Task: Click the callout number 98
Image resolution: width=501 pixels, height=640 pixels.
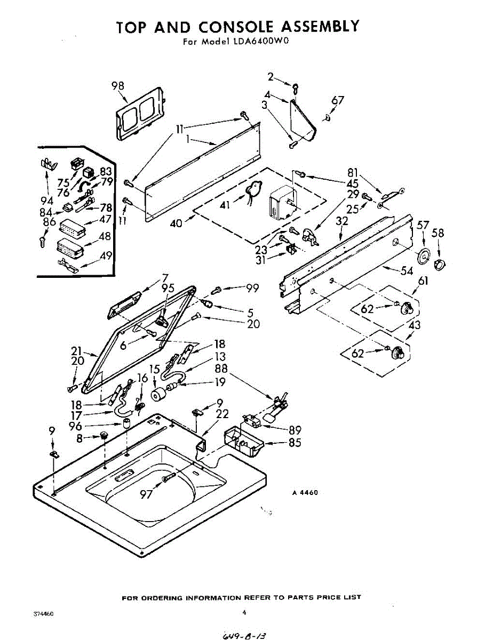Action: (118, 86)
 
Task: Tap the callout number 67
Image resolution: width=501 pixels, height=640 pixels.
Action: (337, 100)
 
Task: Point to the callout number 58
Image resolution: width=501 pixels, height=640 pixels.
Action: (438, 233)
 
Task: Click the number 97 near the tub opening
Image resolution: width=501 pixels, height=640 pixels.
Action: (146, 494)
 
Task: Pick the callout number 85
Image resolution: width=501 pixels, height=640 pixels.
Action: (295, 442)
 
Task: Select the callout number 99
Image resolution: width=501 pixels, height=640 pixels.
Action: (252, 288)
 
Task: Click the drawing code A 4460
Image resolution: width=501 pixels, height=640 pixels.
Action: (305, 493)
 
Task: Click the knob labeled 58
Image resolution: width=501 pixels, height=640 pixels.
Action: (441, 265)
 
